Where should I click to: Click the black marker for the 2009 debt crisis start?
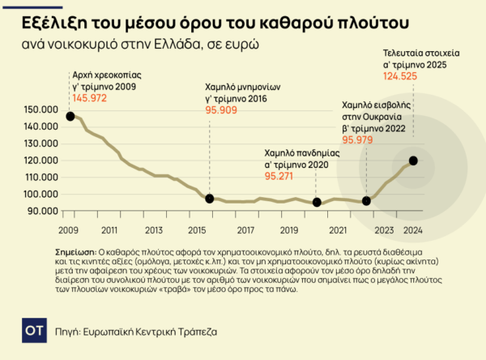pyautogui.click(x=70, y=116)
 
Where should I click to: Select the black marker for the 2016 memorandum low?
pyautogui.click(x=210, y=199)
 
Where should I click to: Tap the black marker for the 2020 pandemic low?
pyautogui.click(x=317, y=202)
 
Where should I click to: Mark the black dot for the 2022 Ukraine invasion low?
pyautogui.click(x=366, y=200)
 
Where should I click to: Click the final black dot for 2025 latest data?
pyautogui.click(x=414, y=161)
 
